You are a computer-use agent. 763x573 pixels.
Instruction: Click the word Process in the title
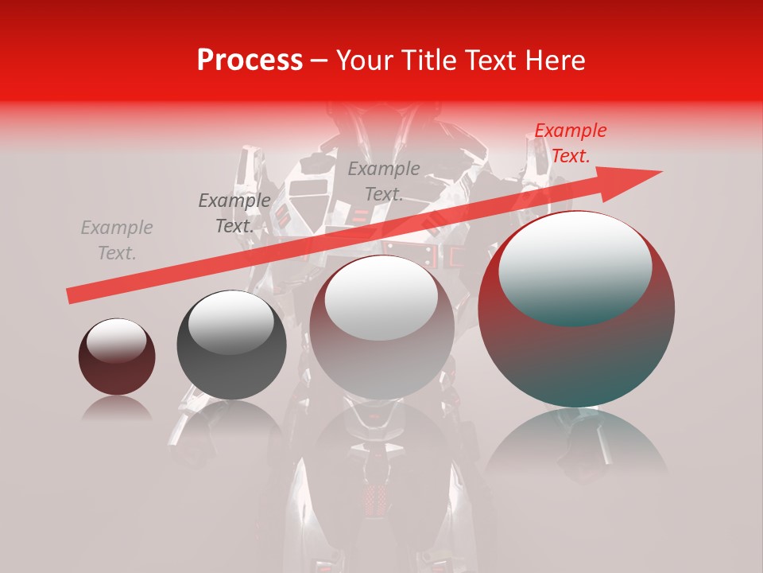tap(250, 60)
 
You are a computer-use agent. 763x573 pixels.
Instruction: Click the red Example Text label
tap(570, 143)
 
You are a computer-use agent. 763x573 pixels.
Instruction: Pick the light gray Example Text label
tap(117, 240)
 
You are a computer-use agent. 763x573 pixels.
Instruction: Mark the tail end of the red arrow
tap(73, 296)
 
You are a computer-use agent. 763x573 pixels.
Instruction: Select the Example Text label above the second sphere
tap(234, 213)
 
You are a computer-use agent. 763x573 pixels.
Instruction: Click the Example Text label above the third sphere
tap(384, 181)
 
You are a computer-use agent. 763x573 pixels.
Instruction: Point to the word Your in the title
tap(364, 60)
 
